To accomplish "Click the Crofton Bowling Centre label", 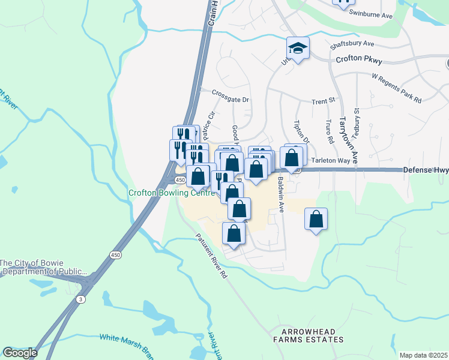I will (x=171, y=193).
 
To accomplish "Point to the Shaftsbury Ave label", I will (x=352, y=44).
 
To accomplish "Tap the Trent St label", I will (x=322, y=101).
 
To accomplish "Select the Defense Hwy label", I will (x=425, y=170).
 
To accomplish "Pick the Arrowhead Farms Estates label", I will (x=308, y=335).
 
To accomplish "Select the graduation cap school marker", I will (x=298, y=47).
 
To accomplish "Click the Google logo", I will (x=19, y=353).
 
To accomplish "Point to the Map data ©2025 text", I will (x=423, y=355).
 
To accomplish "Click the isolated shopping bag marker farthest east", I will (x=316, y=219).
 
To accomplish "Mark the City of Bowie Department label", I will (x=44, y=267).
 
